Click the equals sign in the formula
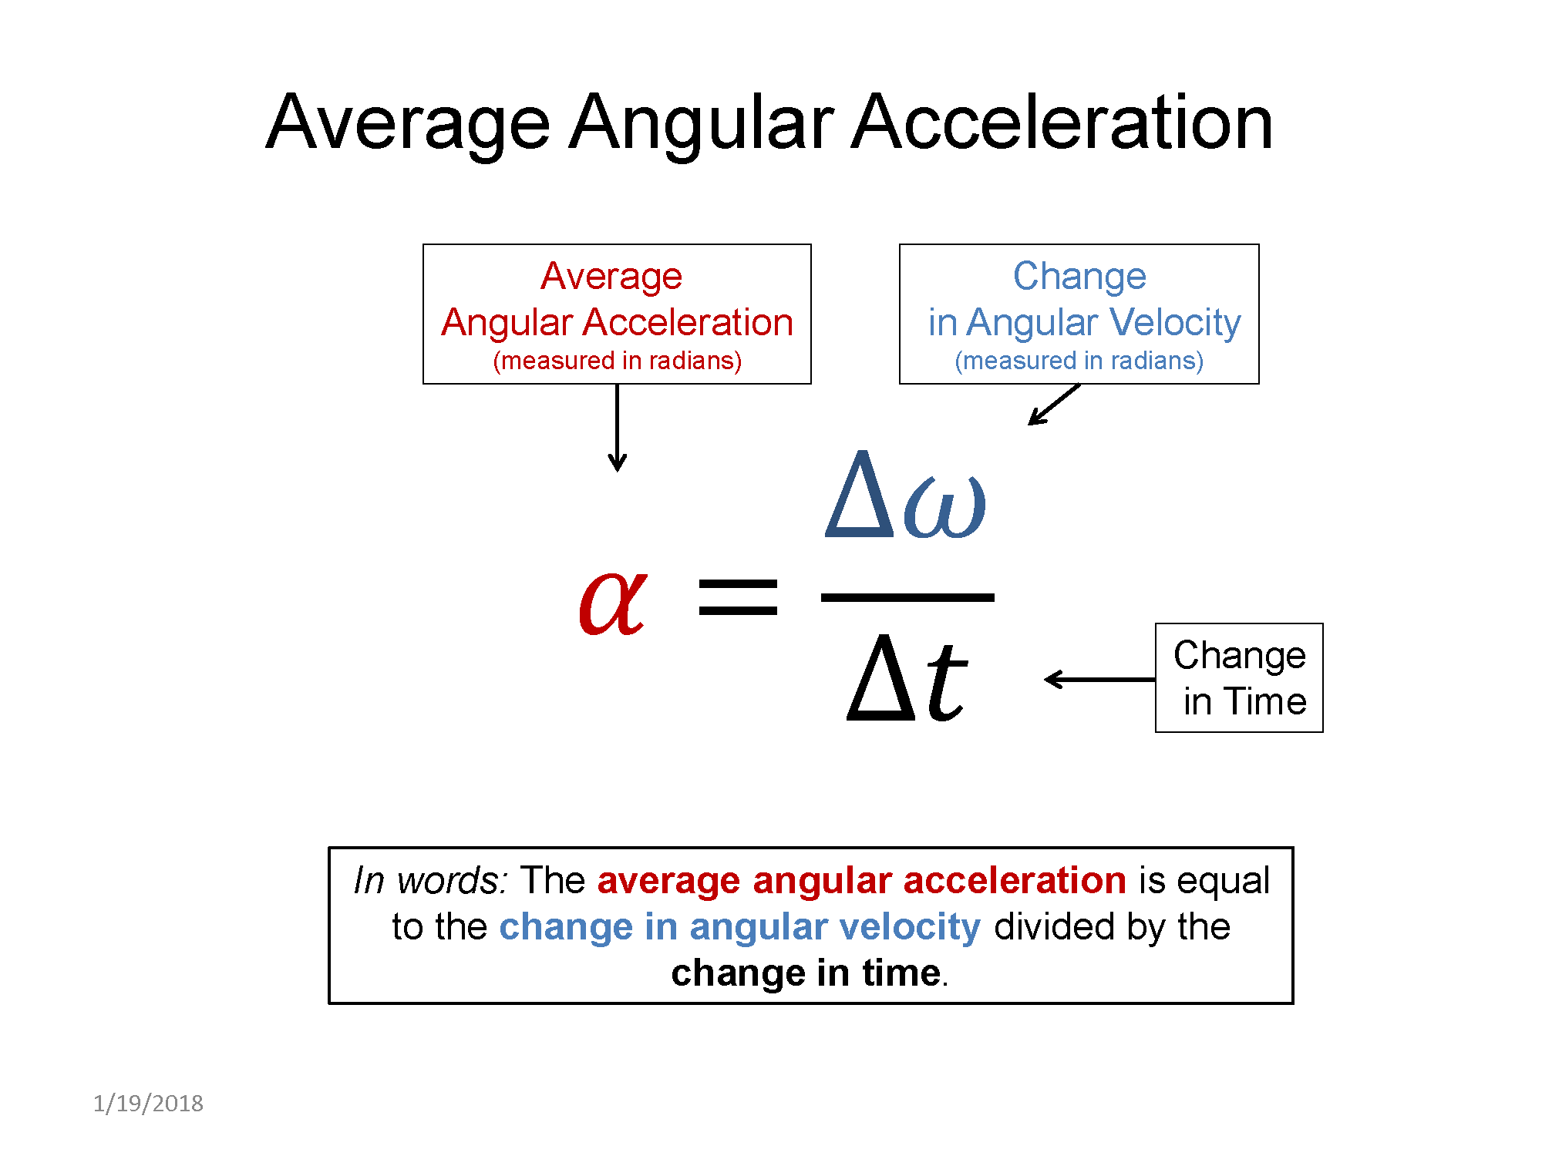738,597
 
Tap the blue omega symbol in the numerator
945,506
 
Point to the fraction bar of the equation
907,597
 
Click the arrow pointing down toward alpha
617,428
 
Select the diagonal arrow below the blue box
1054,405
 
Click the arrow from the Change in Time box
1099,679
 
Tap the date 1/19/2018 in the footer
148,1104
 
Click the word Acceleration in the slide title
1062,123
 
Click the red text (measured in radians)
617,361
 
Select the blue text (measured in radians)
1079,361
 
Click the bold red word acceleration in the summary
1015,881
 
